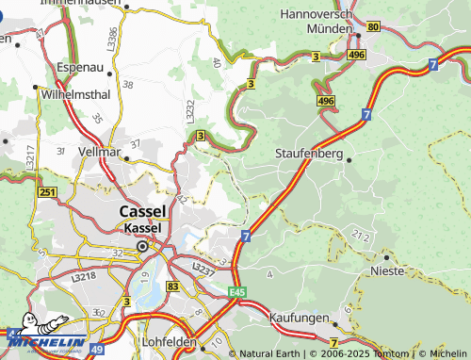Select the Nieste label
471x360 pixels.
click(x=387, y=270)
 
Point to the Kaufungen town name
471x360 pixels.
click(x=299, y=319)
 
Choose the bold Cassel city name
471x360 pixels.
click(x=143, y=211)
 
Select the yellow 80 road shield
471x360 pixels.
click(x=373, y=26)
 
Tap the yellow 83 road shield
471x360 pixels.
click(x=171, y=285)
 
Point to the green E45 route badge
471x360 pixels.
click(x=237, y=291)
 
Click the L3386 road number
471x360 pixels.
click(x=113, y=39)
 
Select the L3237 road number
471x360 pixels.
click(x=203, y=268)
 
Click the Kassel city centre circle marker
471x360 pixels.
click(x=142, y=247)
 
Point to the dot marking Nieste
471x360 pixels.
click(x=384, y=256)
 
